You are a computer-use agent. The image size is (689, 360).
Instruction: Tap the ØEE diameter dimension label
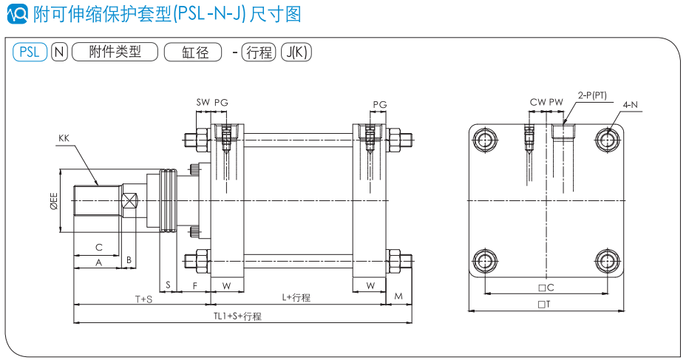(x=54, y=203)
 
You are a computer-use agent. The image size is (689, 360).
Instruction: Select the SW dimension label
(x=203, y=102)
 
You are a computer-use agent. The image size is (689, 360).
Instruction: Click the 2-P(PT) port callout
(x=593, y=95)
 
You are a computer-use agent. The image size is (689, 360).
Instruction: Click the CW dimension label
(x=537, y=102)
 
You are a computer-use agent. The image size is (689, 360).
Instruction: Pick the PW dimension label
(x=556, y=102)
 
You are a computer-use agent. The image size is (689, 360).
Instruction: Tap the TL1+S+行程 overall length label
(x=237, y=316)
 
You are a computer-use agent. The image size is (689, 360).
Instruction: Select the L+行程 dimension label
(x=296, y=297)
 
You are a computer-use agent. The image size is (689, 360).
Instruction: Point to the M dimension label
(x=398, y=296)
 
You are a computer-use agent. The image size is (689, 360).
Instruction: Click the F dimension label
(x=195, y=285)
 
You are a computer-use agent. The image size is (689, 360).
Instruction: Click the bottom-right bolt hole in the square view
(x=608, y=259)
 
